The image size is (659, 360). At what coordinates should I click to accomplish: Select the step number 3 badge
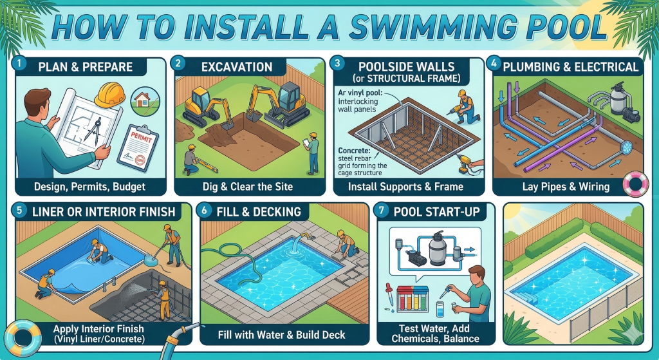click(336, 64)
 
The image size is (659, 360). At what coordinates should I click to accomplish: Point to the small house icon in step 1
click(142, 99)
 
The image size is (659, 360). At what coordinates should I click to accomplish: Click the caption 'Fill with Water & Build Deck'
click(282, 335)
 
